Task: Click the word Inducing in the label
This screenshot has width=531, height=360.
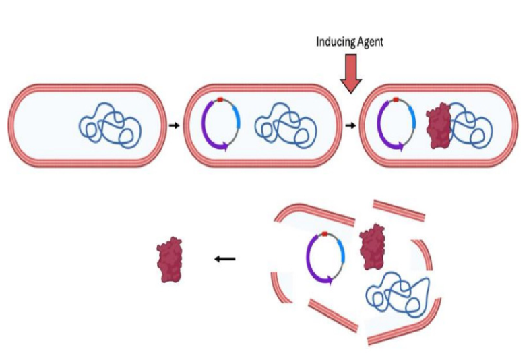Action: pos(334,42)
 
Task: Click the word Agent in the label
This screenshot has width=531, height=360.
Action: pos(369,42)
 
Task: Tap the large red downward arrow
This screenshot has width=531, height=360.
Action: pos(351,73)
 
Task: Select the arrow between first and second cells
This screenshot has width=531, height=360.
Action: pos(173,125)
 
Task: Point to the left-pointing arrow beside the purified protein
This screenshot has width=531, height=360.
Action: pos(225,258)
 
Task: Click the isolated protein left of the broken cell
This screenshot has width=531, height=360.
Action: pos(170,259)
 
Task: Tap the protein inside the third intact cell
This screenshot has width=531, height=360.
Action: pos(439,126)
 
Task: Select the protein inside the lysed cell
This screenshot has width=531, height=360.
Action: pos(371,248)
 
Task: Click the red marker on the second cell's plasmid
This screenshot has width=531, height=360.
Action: pos(220,100)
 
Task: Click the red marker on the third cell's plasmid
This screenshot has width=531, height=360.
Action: pos(397,100)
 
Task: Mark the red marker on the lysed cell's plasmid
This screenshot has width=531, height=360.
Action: pos(325,233)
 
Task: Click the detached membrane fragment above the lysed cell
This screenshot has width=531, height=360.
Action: pos(399,210)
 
